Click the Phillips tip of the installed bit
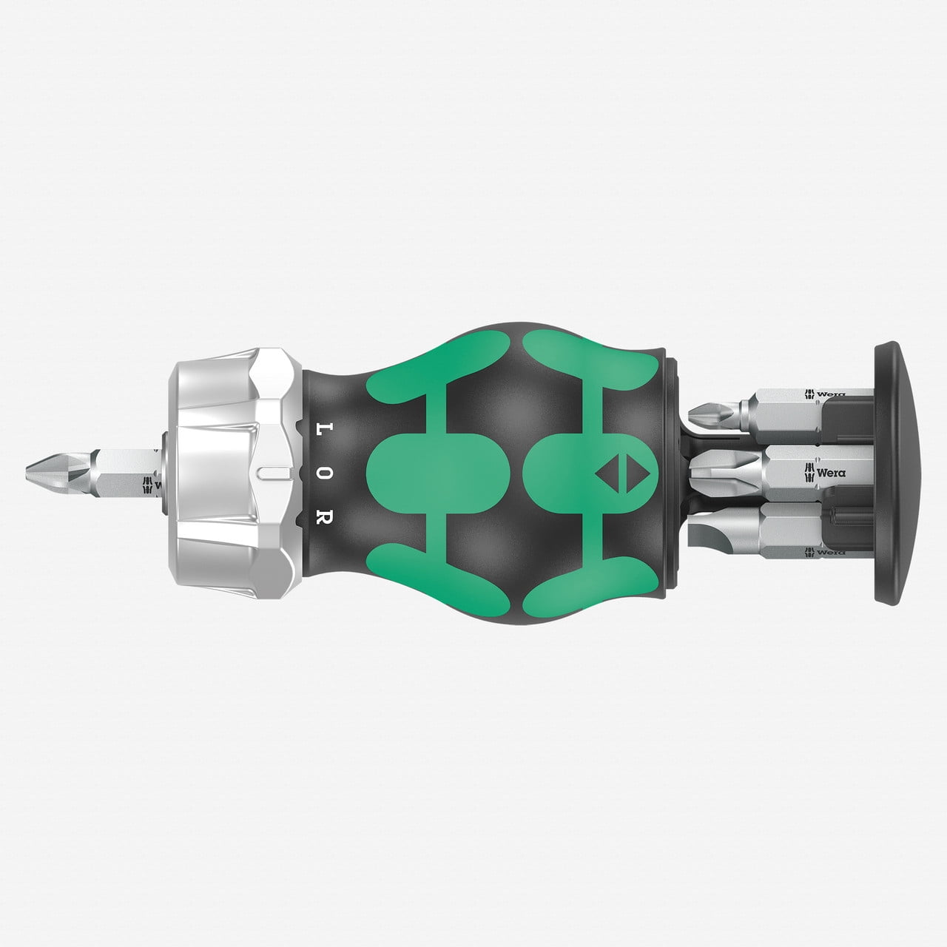tap(41, 468)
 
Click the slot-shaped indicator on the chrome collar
tap(270, 472)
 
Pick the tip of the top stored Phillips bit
tap(699, 409)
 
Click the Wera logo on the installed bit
tap(153, 485)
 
